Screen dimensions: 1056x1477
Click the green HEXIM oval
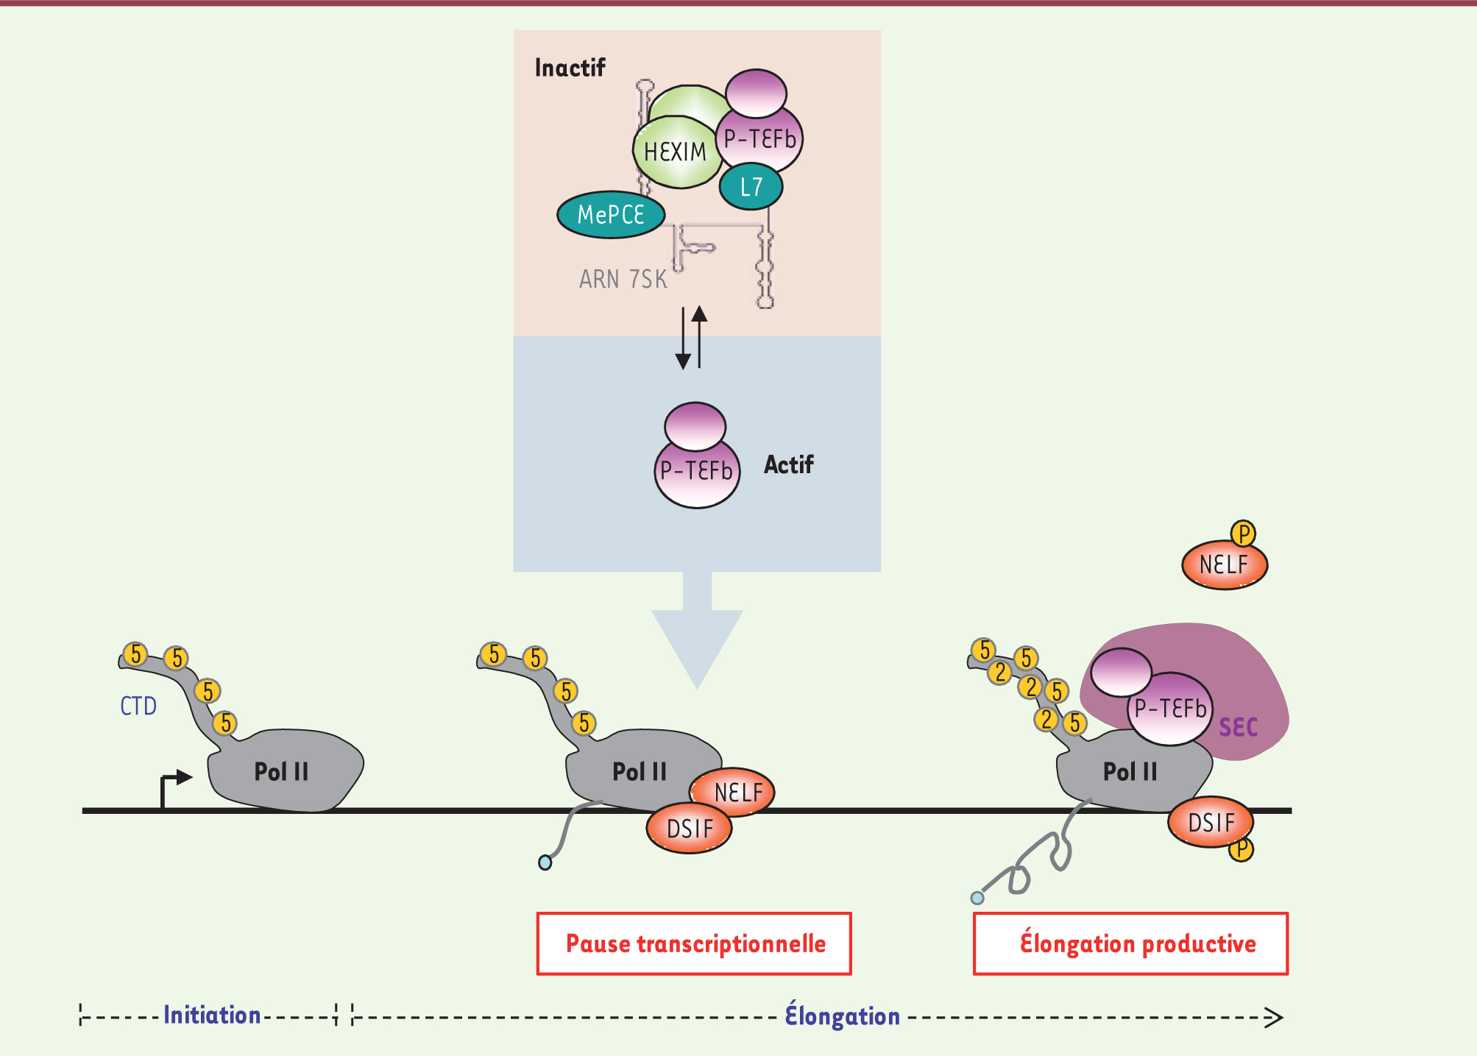pyautogui.click(x=674, y=152)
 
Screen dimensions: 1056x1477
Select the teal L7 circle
pyautogui.click(x=751, y=188)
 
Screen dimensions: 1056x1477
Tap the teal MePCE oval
pyautogui.click(x=611, y=215)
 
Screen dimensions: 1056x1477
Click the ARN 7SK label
pyautogui.click(x=623, y=280)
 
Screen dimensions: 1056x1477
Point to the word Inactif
pyautogui.click(x=570, y=68)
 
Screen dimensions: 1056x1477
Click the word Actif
pyautogui.click(x=788, y=465)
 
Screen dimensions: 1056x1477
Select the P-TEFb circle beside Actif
pyautogui.click(x=696, y=471)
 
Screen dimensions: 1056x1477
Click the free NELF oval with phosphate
pyautogui.click(x=1224, y=565)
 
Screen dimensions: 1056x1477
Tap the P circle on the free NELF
pyautogui.click(x=1243, y=534)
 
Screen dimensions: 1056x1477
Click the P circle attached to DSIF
pyautogui.click(x=1241, y=849)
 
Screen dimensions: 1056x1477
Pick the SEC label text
pyautogui.click(x=1238, y=728)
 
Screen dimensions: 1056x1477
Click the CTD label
pyautogui.click(x=138, y=706)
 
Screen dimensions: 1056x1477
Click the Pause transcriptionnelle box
pyautogui.click(x=694, y=943)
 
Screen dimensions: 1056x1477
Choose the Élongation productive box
pyautogui.click(x=1130, y=943)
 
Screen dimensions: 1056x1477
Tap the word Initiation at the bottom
pyautogui.click(x=212, y=1016)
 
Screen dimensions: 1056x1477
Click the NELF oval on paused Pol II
pyautogui.click(x=737, y=792)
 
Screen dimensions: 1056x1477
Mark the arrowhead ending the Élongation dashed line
pyautogui.click(x=1274, y=1018)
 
